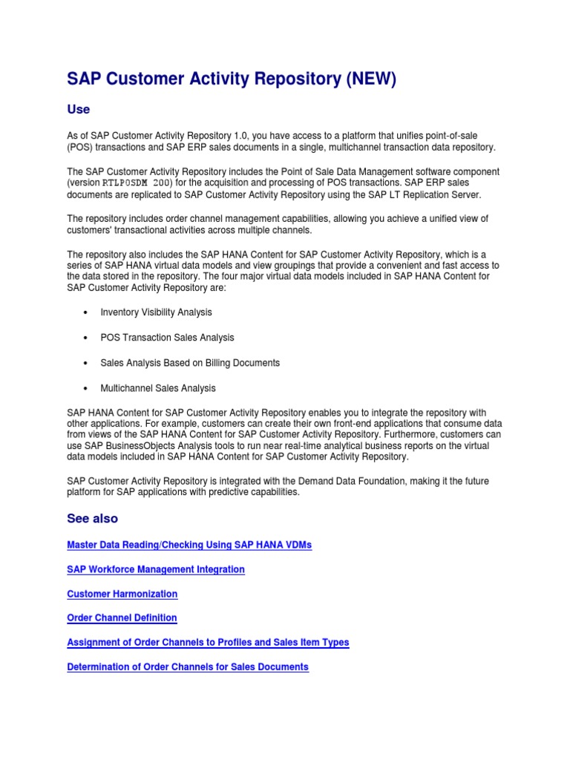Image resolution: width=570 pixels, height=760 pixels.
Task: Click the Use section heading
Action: point(79,109)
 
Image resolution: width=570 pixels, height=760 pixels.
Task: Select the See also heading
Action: point(92,518)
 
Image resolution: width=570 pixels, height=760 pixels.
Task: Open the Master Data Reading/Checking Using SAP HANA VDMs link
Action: point(189,545)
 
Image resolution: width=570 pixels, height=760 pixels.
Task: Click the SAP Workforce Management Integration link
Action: point(156,569)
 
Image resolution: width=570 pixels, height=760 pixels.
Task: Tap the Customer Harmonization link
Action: point(122,594)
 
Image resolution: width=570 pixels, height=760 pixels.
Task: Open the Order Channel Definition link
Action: point(122,617)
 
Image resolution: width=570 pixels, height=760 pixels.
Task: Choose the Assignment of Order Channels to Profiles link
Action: point(208,642)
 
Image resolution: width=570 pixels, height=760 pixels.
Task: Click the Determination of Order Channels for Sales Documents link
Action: point(188,666)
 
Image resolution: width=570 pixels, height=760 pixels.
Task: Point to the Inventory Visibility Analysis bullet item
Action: point(156,312)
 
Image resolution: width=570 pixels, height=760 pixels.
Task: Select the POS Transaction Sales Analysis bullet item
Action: point(167,338)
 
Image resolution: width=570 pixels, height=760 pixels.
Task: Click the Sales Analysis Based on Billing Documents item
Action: point(190,363)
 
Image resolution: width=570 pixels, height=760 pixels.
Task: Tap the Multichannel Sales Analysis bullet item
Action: point(158,388)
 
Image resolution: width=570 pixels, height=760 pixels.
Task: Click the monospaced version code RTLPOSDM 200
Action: point(132,183)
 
